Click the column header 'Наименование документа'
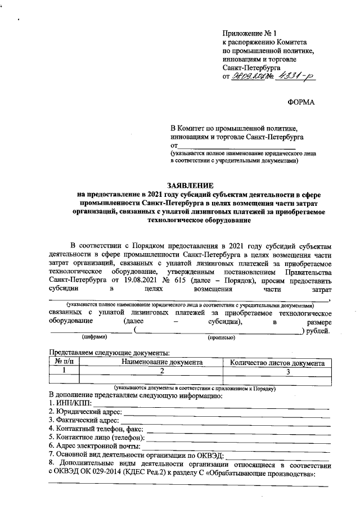tap(162, 363)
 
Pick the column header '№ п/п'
tap(64, 363)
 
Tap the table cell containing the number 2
tap(162, 372)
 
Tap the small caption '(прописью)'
tap(221, 338)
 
